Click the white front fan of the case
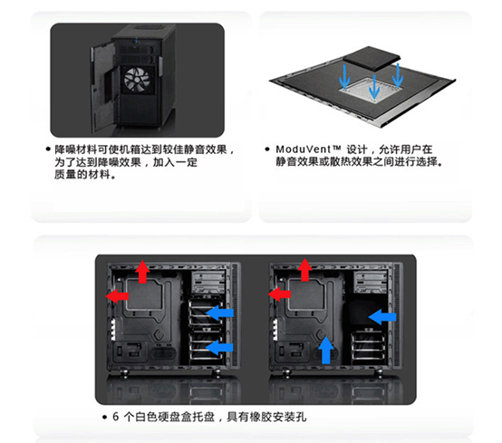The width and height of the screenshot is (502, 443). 137,80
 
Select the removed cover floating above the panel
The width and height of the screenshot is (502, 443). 372,59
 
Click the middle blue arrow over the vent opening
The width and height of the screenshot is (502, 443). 374,86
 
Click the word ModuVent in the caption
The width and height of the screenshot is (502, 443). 304,149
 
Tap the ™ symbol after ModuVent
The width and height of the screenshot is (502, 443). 336,148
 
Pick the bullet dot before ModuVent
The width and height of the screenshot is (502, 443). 267,149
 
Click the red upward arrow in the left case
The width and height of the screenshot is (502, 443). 142,272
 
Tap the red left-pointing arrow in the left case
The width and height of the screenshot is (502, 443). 117,296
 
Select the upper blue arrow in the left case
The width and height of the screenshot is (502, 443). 219,313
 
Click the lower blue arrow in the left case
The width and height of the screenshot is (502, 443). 219,347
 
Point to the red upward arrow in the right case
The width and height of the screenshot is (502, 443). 304,270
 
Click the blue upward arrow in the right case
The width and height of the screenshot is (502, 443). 326,350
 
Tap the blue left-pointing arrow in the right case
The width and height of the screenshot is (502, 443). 382,317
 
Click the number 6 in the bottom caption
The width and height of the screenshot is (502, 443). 116,417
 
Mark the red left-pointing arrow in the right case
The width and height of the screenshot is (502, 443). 279,294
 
